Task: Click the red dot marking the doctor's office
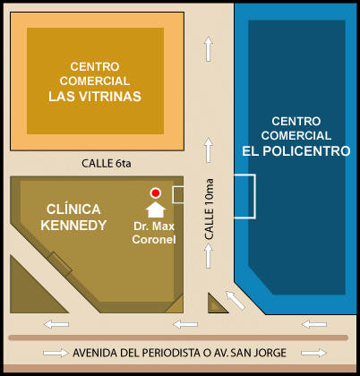coord(155,193)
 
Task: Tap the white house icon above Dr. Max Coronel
coord(155,209)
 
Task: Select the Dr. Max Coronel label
coord(154,233)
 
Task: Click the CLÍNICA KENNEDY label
coord(73,218)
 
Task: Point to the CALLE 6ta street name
coord(106,163)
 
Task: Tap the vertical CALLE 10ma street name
coord(210,209)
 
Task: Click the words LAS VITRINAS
coord(95,97)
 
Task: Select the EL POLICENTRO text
coord(296,151)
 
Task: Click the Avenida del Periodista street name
coord(179,353)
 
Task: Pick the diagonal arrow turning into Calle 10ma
coord(236,300)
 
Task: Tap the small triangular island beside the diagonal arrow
coord(216,304)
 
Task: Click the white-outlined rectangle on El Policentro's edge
coord(244,196)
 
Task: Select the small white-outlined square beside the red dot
coord(178,195)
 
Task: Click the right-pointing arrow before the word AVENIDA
coord(56,354)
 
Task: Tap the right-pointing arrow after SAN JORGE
coord(313,354)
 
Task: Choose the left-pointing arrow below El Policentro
coord(314,324)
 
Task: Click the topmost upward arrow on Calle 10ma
coord(209,49)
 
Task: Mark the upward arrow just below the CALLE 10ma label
coord(209,256)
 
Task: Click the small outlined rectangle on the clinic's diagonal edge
coord(60,263)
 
